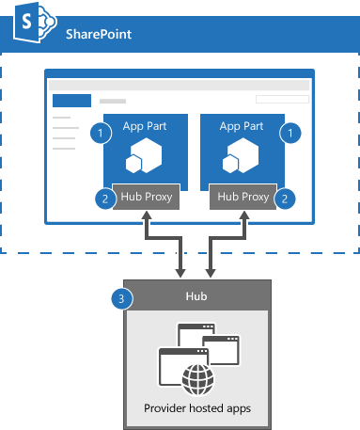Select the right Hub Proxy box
tap(242, 198)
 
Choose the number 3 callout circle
tap(119, 298)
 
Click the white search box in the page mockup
tap(281, 99)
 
